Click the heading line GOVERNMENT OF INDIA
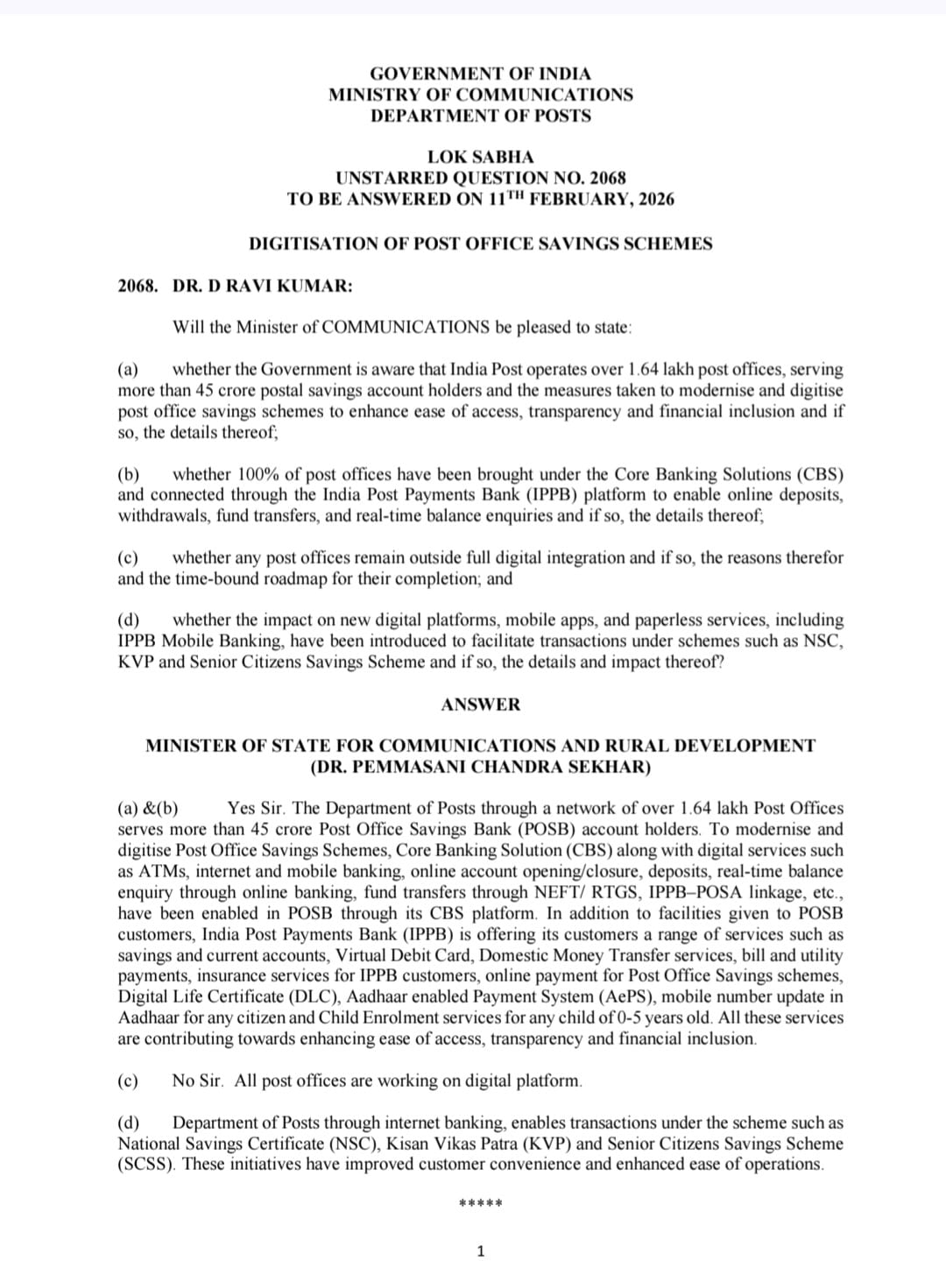pos(480,74)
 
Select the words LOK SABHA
pos(480,157)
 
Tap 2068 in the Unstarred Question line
pos(608,178)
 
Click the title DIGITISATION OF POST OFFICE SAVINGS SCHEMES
pos(480,244)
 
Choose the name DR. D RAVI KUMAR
pos(263,286)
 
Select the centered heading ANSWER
pos(480,705)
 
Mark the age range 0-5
pos(633,1017)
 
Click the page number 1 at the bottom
pos(480,1250)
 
